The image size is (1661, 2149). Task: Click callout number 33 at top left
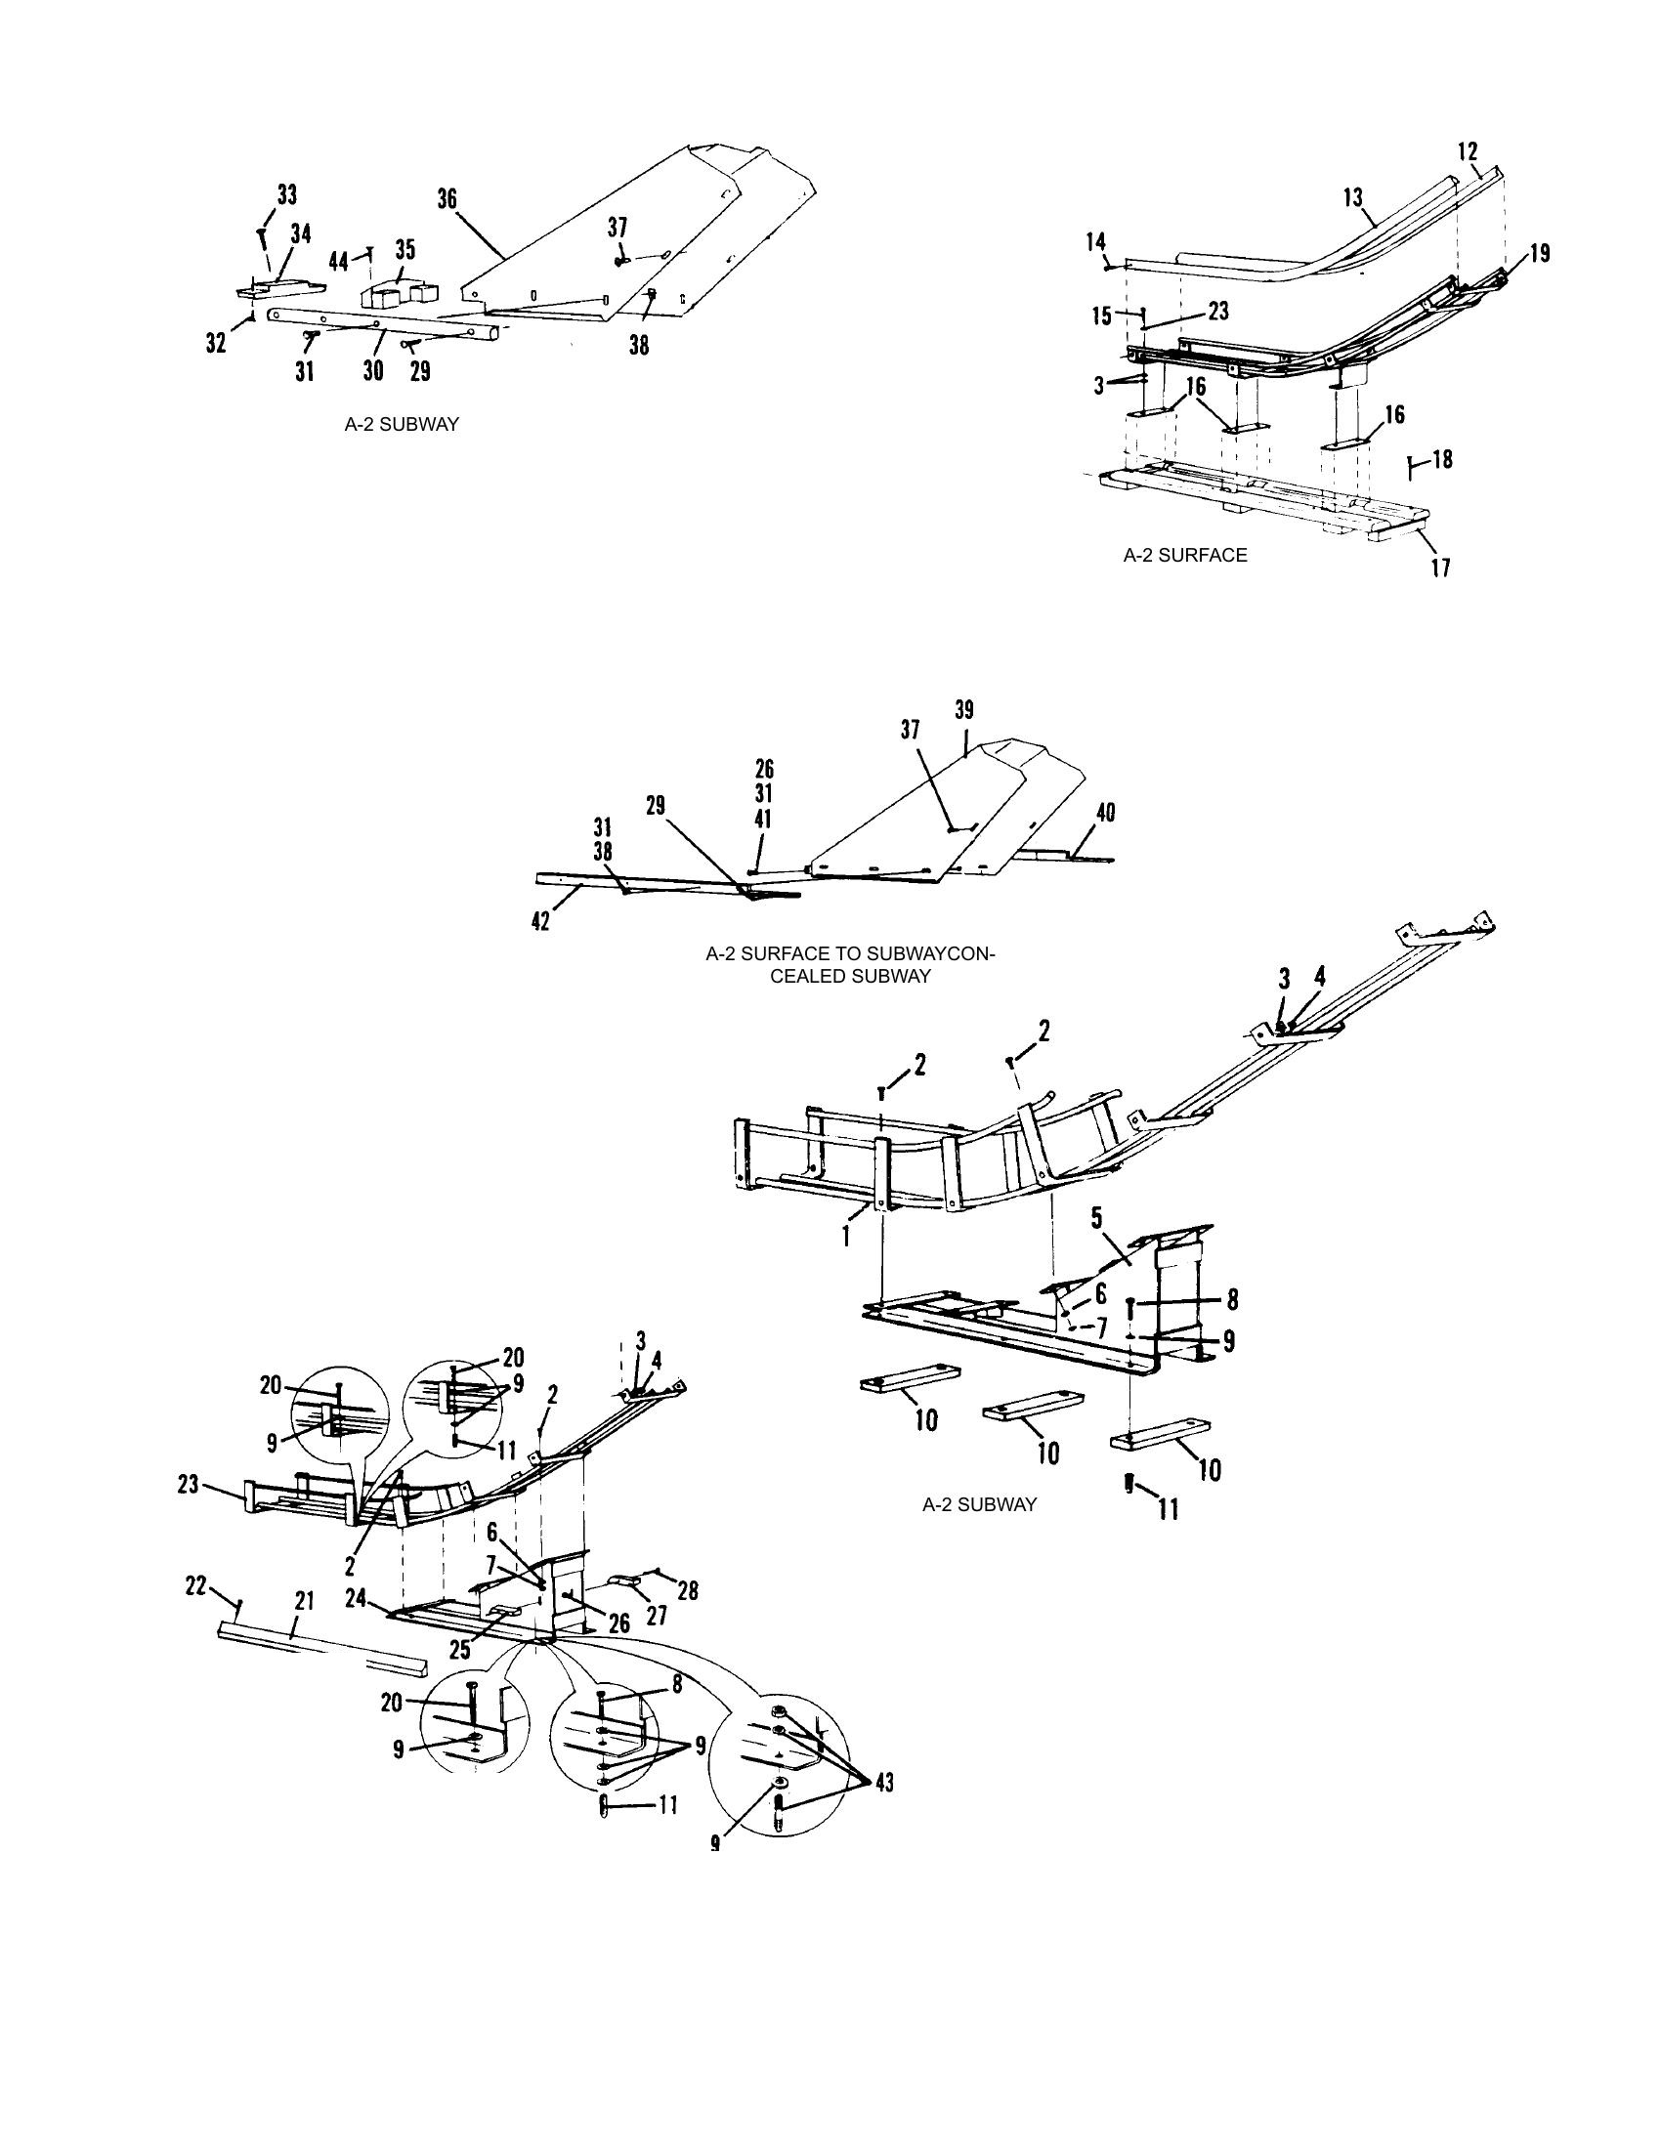tap(286, 193)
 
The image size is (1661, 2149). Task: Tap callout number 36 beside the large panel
tap(447, 199)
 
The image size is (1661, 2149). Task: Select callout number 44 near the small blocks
tap(338, 261)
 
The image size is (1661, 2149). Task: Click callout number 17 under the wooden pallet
tap(1440, 568)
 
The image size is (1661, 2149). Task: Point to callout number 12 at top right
tap(1468, 152)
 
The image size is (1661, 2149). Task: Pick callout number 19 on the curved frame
tap(1540, 253)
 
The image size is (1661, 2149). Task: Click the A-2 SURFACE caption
tap(1185, 555)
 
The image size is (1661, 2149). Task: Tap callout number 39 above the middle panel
tap(964, 709)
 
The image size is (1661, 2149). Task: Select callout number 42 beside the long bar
tap(541, 922)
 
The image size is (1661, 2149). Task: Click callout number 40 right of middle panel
tap(1105, 813)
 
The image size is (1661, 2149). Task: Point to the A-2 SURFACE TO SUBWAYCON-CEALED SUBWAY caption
tap(850, 964)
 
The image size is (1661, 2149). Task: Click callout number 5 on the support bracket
tap(1096, 1219)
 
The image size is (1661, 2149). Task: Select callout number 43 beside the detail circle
tap(883, 1782)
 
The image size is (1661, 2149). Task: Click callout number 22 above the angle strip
tap(196, 1585)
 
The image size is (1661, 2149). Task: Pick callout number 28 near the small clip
tap(688, 1589)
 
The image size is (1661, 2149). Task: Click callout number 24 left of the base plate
tap(356, 1600)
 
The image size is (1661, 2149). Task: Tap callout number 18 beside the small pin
tap(1442, 459)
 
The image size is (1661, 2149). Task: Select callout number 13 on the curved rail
tap(1354, 197)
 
